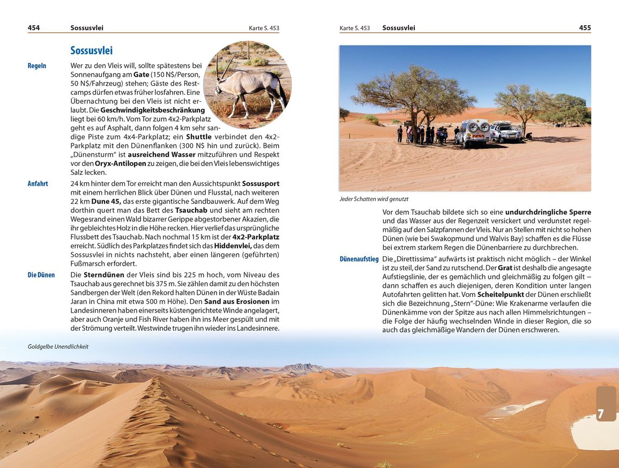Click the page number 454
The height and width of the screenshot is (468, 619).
34,28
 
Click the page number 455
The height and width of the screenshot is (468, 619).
585,28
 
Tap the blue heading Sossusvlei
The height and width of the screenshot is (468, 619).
91,51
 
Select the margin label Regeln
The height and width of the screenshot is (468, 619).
37,66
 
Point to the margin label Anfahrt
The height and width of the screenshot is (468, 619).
38,184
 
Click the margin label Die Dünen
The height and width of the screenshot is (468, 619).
41,275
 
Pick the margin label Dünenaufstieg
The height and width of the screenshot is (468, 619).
359,259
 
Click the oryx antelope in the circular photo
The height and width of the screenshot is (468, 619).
249,86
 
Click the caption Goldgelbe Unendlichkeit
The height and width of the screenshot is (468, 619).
58,347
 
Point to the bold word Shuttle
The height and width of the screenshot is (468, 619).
199,137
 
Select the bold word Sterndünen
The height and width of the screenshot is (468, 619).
104,275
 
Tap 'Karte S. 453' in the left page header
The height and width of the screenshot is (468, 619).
264,28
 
